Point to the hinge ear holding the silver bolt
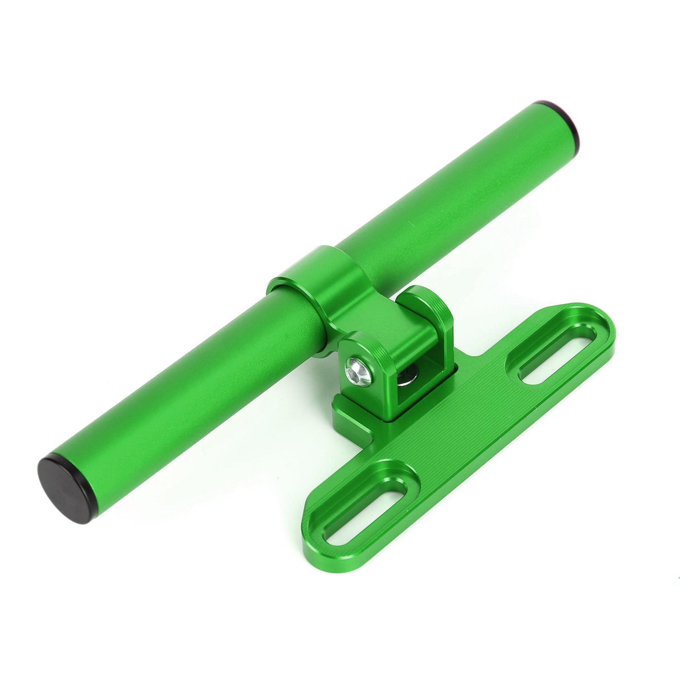(365, 357)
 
